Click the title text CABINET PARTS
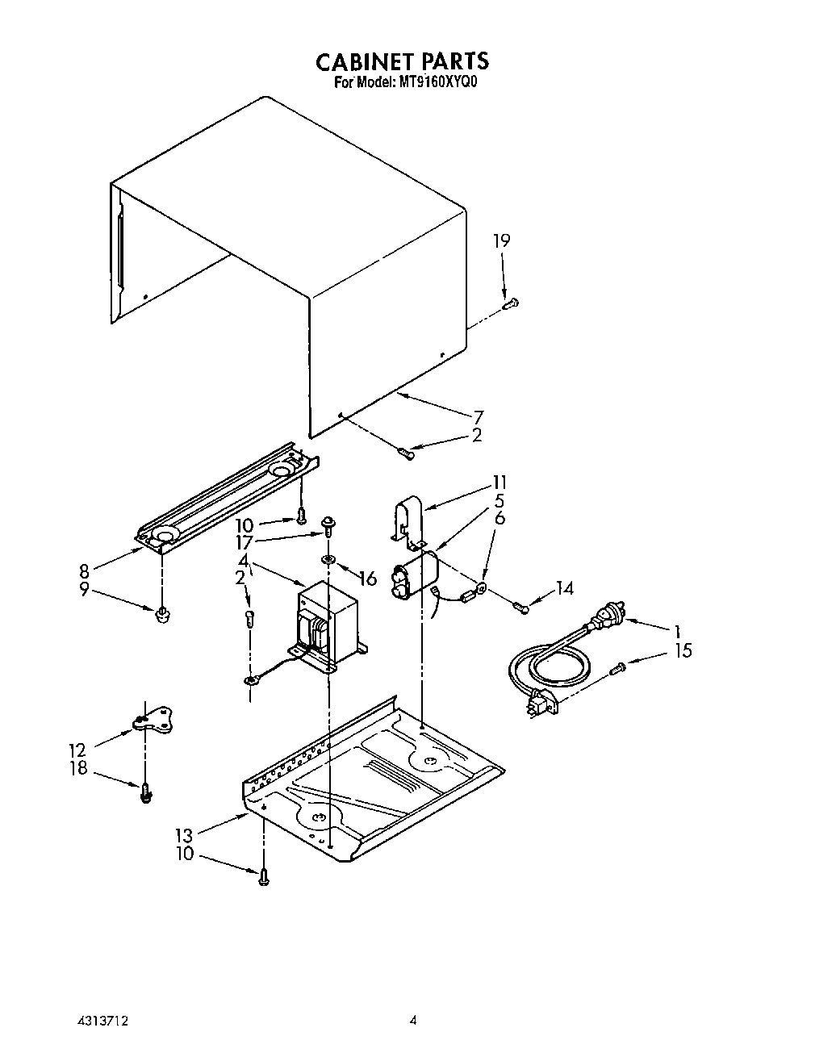[x=401, y=61]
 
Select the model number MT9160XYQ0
[x=437, y=81]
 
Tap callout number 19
[x=502, y=240]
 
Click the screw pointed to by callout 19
[x=509, y=303]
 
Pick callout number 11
[x=500, y=483]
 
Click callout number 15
[x=683, y=650]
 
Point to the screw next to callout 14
[x=520, y=605]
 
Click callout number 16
[x=368, y=578]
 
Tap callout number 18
[x=78, y=768]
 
